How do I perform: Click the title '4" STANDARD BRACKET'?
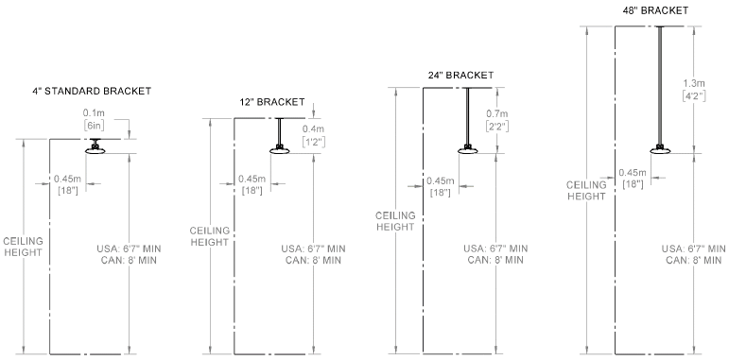(x=92, y=91)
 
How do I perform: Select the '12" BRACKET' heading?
(x=272, y=102)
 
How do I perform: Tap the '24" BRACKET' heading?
(x=460, y=76)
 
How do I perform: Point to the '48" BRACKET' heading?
(x=655, y=10)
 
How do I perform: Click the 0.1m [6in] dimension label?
(x=93, y=119)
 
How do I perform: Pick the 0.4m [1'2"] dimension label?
(x=314, y=136)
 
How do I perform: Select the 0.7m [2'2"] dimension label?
(x=497, y=120)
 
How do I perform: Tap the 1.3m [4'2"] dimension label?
(x=694, y=90)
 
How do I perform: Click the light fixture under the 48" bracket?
(x=660, y=149)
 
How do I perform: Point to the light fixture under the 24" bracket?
(x=468, y=149)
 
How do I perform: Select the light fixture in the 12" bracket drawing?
(x=280, y=149)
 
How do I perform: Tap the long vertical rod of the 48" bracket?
(x=660, y=86)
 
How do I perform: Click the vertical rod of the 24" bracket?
(x=468, y=116)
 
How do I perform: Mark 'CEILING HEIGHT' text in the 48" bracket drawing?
(x=586, y=191)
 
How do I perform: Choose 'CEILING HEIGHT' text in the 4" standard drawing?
(x=23, y=247)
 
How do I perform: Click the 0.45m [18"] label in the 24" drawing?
(x=440, y=186)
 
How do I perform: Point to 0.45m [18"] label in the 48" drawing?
(x=633, y=179)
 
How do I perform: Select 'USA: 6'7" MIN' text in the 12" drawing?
(x=313, y=249)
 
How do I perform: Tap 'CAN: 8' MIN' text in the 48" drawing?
(x=694, y=260)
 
